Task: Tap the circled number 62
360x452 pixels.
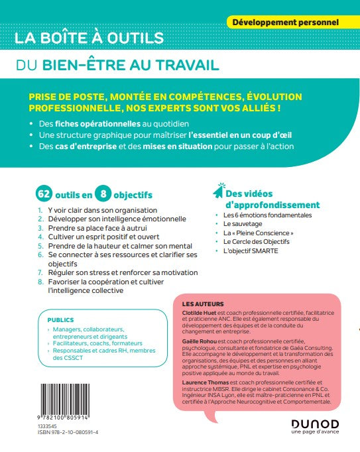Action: tap(44, 195)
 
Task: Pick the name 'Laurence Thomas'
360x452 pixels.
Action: tap(203, 383)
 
